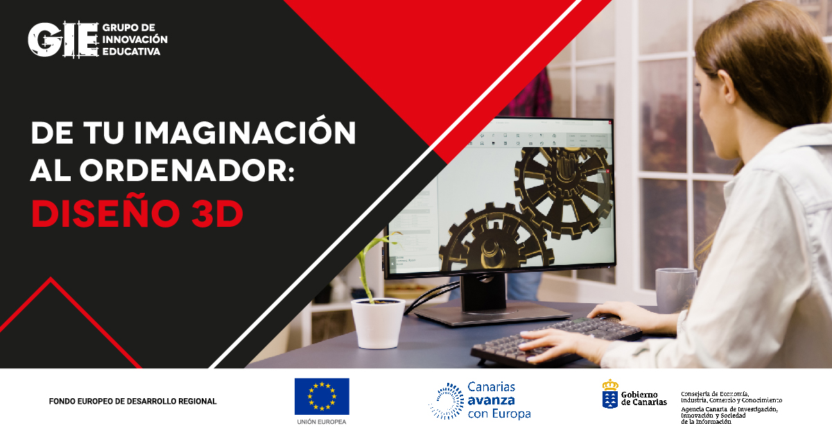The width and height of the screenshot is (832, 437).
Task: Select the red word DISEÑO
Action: click(103, 214)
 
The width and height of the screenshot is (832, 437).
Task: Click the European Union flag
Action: click(322, 396)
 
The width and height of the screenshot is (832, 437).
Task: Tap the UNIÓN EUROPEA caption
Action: click(322, 422)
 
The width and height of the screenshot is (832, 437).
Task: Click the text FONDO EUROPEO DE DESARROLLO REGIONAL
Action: click(132, 402)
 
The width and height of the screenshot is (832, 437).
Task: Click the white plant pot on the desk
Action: click(378, 323)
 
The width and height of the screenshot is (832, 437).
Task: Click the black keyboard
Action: click(555, 340)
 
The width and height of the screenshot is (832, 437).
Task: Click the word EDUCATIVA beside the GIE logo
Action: click(131, 52)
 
